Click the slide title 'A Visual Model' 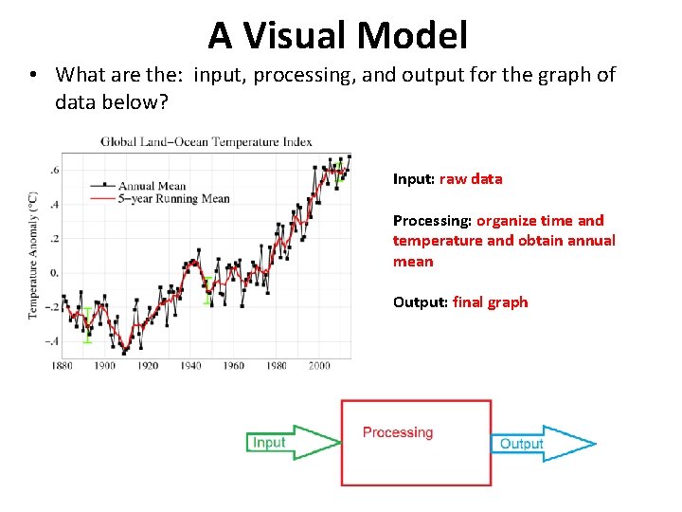[x=338, y=35]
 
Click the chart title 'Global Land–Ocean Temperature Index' [x=206, y=142]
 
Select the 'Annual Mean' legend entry [x=152, y=187]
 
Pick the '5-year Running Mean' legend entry [x=173, y=199]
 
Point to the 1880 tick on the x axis [x=63, y=365]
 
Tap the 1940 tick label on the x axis [x=190, y=365]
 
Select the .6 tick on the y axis [x=53, y=171]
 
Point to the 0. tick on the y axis [x=53, y=273]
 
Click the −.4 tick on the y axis [x=51, y=341]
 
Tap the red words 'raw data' [x=471, y=179]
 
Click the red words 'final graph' [x=491, y=302]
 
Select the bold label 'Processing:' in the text [x=432, y=221]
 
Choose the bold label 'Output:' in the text [x=421, y=302]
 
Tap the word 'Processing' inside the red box [x=398, y=432]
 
